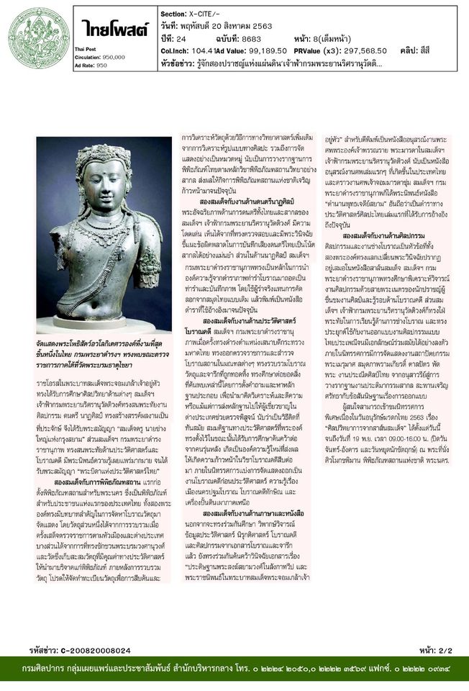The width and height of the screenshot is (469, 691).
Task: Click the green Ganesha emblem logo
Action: (29, 37)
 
